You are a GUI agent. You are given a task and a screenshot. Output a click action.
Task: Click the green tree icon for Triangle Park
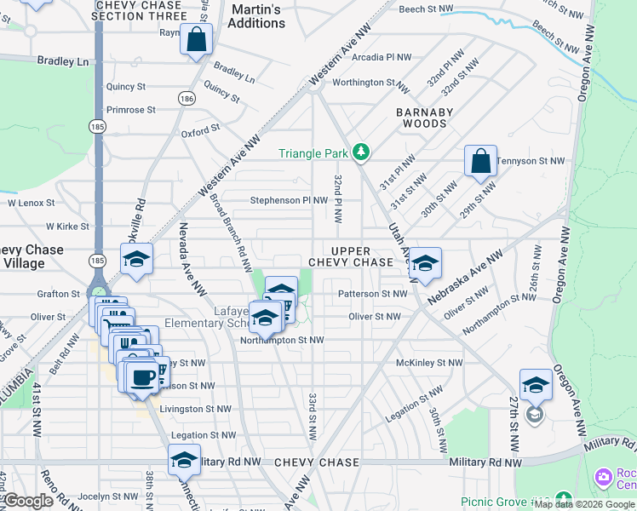(x=363, y=152)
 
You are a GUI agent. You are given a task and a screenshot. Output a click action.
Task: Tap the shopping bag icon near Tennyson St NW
(x=481, y=161)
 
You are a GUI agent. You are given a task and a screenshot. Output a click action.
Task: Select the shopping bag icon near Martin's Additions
(x=196, y=40)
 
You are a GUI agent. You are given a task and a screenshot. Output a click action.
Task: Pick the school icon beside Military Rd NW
(x=184, y=460)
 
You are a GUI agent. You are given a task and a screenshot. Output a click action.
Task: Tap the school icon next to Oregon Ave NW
(x=536, y=385)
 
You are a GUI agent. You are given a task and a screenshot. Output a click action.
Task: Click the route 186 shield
(x=187, y=99)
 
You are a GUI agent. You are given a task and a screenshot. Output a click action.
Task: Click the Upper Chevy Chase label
(x=350, y=256)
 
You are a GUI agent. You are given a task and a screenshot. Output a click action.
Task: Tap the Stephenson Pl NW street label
(x=289, y=201)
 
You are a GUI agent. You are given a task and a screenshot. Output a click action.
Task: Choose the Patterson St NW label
(x=373, y=294)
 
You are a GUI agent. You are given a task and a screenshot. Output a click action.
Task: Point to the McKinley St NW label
(x=430, y=363)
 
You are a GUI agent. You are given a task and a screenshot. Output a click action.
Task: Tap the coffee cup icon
(x=142, y=376)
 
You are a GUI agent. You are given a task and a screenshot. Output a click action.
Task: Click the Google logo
(x=28, y=501)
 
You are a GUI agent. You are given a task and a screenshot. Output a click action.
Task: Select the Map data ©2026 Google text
(x=584, y=504)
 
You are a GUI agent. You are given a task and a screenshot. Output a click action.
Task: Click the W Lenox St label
(x=31, y=204)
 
